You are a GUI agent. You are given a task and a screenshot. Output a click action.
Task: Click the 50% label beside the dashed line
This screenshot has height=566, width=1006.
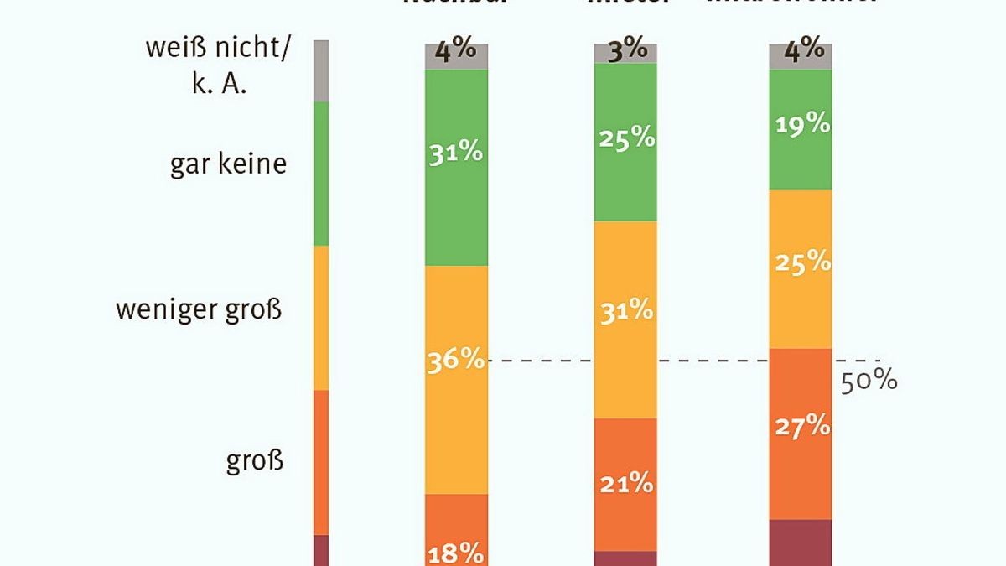(x=869, y=381)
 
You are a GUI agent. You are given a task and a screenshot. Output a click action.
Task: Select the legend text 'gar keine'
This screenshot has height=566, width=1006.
(x=228, y=164)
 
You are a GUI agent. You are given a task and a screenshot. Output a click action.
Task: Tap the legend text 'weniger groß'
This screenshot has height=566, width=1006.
(x=199, y=310)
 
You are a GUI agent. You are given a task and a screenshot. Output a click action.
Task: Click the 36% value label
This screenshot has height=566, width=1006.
(x=456, y=360)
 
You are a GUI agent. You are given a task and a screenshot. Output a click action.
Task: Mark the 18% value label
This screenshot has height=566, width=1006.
(x=456, y=554)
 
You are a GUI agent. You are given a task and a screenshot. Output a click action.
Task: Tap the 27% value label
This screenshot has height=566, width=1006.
(x=801, y=426)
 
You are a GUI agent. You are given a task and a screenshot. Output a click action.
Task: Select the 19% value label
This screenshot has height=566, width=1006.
(x=801, y=125)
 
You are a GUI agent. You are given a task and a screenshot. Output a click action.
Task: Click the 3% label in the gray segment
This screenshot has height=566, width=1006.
(x=625, y=49)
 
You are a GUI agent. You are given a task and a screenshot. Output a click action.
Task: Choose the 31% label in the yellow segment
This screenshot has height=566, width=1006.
(x=625, y=310)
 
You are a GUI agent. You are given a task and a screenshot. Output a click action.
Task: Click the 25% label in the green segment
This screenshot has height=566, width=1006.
(x=625, y=138)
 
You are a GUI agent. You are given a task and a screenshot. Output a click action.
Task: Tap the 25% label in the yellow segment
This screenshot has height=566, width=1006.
(x=801, y=262)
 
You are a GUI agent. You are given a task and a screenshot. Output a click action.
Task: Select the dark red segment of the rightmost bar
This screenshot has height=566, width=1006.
(x=801, y=543)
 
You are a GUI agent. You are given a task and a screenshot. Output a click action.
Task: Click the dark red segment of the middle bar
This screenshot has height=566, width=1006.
(x=625, y=558)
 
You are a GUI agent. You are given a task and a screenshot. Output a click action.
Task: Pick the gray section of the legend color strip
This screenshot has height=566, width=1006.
(x=320, y=70)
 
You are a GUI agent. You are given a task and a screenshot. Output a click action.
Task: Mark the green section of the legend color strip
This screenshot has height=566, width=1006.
(x=320, y=174)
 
